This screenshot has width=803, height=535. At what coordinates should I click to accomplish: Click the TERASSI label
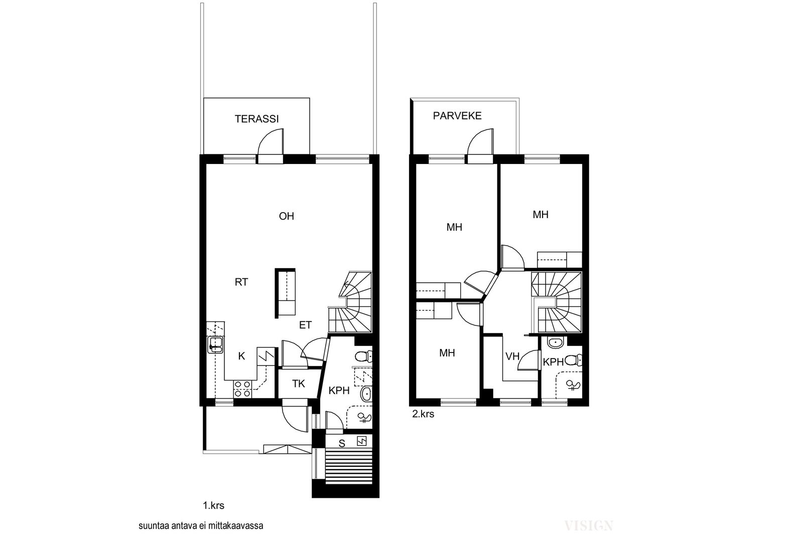pos(256,119)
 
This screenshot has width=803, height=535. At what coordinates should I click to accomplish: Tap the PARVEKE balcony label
pos(457,116)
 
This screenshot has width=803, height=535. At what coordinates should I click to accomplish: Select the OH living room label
pos(287,216)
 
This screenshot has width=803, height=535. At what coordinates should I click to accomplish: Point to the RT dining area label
pos(241,282)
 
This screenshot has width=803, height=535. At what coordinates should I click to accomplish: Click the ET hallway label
pos(306,325)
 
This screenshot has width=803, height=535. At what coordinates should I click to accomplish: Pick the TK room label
pos(298,384)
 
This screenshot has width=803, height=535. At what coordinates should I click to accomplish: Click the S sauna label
pos(342,444)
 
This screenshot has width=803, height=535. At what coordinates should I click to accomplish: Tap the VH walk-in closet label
pos(512,356)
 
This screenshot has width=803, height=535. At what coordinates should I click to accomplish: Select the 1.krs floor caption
pos(214,505)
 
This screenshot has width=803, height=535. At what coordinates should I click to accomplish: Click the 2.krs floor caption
pos(423,414)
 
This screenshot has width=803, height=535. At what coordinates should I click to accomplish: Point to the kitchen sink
pos(215,344)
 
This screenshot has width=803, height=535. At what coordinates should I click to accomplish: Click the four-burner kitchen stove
pos(243,389)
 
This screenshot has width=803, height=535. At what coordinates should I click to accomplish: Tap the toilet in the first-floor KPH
pos(363,356)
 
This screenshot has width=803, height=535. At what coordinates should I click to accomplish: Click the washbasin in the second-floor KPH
pos(556,342)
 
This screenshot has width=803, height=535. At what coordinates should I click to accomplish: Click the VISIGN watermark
pos(588,525)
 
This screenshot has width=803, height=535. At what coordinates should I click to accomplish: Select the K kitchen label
pos(241,356)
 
